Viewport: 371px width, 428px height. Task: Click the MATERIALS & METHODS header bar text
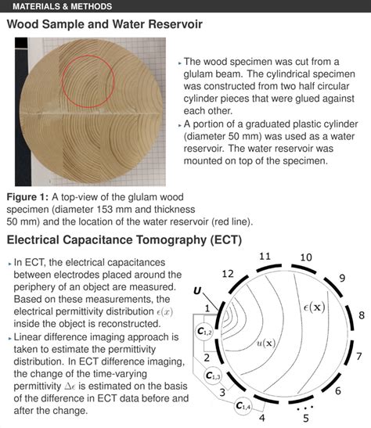coord(62,7)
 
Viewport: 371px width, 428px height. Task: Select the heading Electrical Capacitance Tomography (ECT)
coord(124,239)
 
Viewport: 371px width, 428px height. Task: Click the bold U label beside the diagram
coord(197,291)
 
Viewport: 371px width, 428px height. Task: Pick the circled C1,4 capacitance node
coord(243,405)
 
